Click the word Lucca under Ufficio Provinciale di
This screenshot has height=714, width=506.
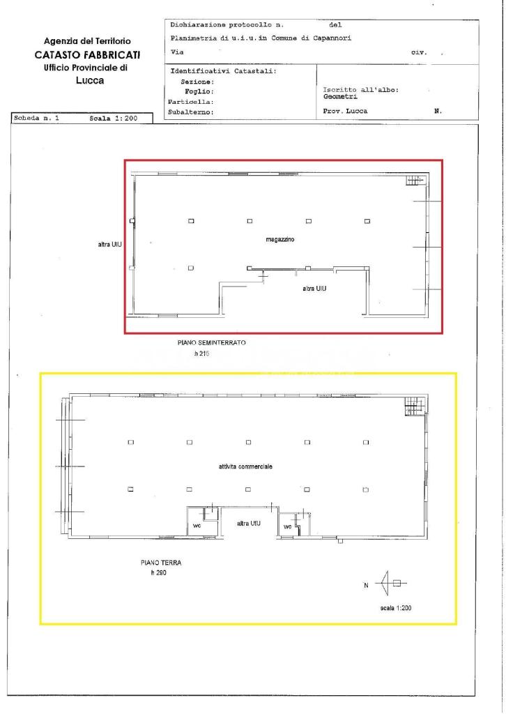pos(89,80)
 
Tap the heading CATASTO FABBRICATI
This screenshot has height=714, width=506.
pos(88,54)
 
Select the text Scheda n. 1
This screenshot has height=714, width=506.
pos(36,119)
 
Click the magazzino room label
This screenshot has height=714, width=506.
pos(280,239)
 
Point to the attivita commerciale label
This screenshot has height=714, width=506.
pos(245,466)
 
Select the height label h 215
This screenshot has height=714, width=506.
pos(202,354)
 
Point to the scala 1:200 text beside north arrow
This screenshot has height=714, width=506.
pos(396,608)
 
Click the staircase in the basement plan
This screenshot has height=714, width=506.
pos(415,180)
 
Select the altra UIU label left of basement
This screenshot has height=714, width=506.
pos(110,245)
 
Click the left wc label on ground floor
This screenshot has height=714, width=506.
pos(197,526)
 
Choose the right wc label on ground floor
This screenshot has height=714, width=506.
pos(287,526)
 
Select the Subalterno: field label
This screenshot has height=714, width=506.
pos(190,111)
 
